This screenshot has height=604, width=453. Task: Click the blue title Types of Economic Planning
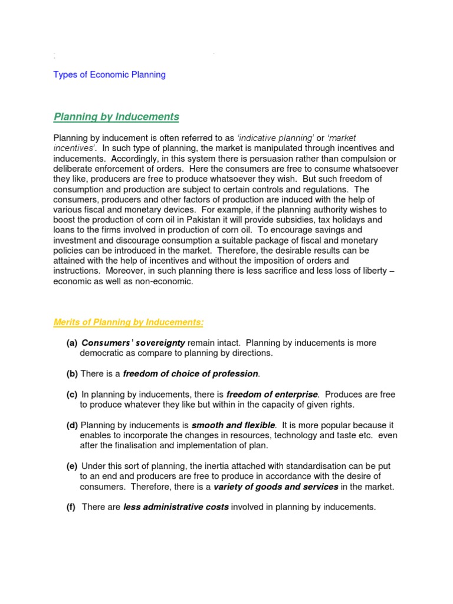point(110,75)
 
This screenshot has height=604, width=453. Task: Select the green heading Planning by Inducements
point(116,117)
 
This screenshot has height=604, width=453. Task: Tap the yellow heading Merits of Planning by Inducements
point(129,322)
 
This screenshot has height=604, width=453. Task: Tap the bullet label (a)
point(71,343)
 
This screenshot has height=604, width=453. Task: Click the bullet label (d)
point(71,425)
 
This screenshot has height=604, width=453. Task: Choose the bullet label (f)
point(71,507)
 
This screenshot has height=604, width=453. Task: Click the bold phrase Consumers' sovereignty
point(133,343)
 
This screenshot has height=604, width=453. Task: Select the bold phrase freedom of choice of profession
point(191,373)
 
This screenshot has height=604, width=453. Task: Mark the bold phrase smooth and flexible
point(233,425)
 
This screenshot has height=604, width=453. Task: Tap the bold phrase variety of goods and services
point(275,487)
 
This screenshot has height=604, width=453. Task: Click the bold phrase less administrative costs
point(176,507)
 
